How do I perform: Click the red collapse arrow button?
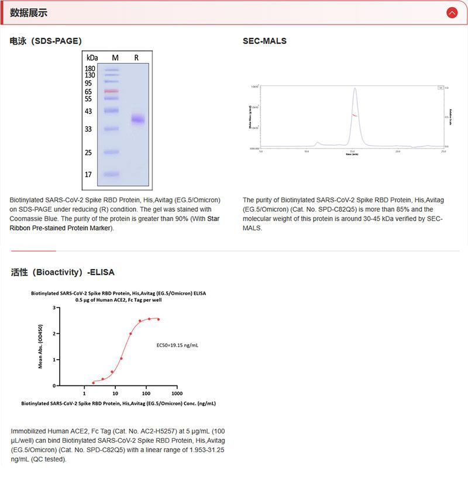(452, 12)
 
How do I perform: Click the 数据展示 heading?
(29, 13)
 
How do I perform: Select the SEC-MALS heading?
(264, 41)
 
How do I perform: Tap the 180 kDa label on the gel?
(90, 68)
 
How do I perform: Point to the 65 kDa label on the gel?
(88, 91)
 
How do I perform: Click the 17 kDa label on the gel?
(88, 174)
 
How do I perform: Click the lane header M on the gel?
(115, 57)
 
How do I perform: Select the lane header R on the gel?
(136, 57)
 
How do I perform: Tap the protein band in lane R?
(138, 119)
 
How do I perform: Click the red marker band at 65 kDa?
(112, 91)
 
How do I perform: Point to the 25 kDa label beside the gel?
(88, 153)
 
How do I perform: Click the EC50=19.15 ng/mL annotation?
(178, 346)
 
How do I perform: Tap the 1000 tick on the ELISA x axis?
(177, 393)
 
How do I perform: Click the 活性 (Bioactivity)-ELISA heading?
(63, 272)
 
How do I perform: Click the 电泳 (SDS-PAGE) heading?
(46, 41)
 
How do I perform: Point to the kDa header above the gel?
(92, 57)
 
